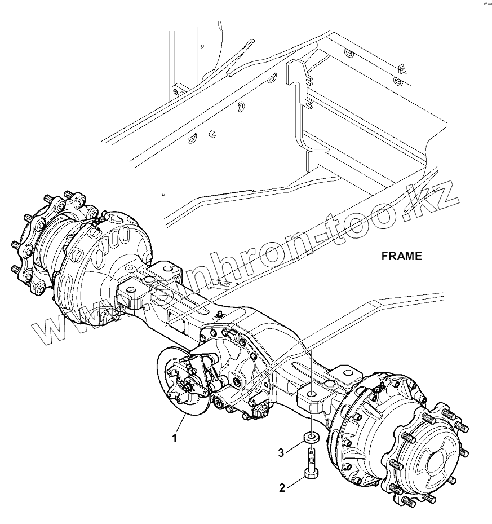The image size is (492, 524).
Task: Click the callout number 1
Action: [175, 438]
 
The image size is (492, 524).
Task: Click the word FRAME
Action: [401, 256]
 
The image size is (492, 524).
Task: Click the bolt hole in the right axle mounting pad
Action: [311, 391]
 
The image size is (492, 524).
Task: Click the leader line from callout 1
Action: [181, 424]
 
